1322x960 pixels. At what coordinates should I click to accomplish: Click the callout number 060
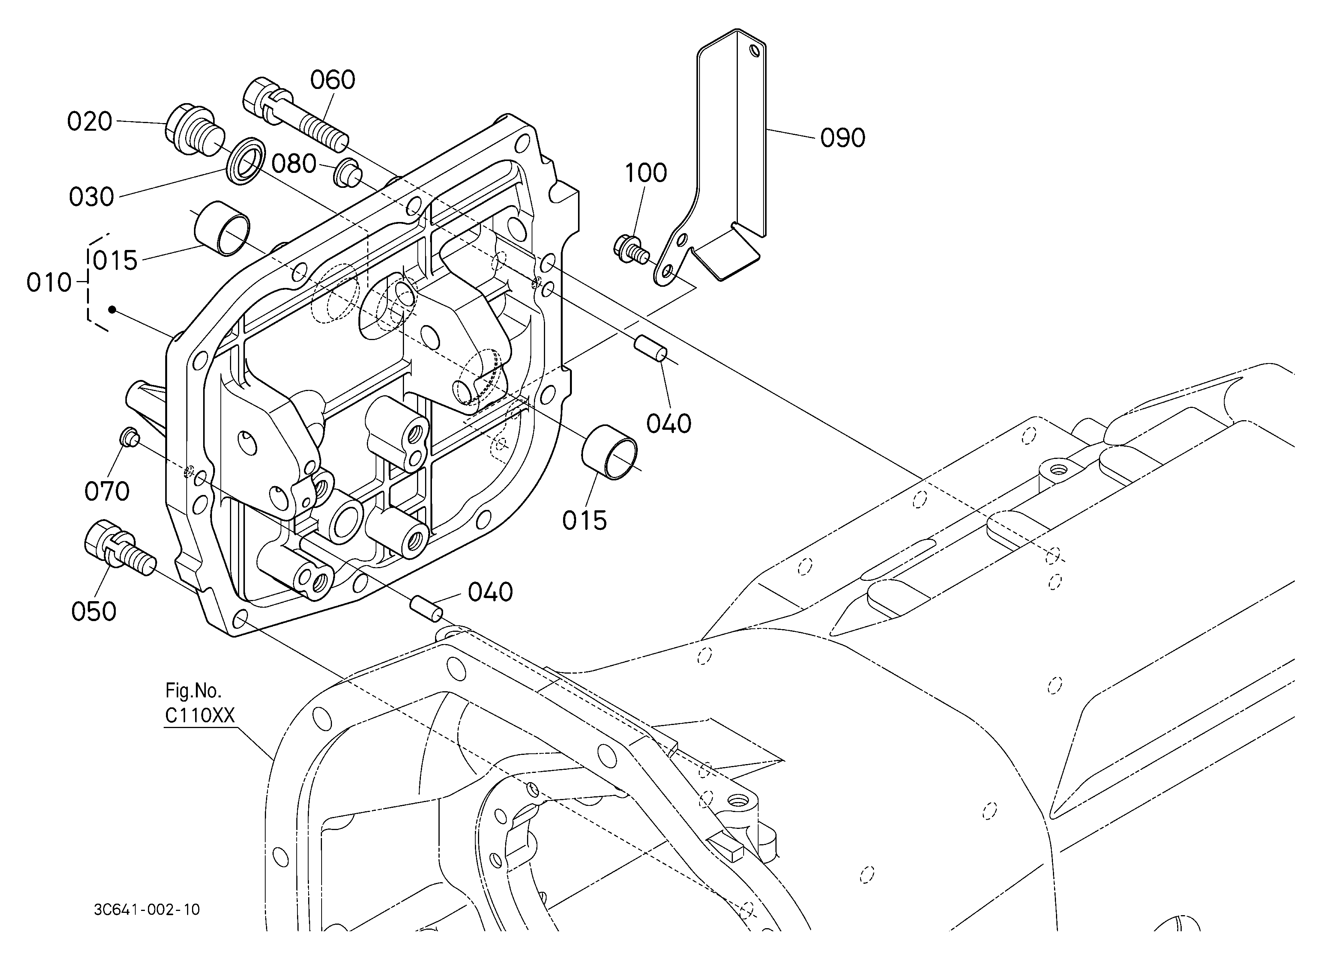(332, 80)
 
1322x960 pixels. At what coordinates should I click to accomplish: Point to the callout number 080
(294, 164)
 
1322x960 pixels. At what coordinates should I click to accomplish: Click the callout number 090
(842, 138)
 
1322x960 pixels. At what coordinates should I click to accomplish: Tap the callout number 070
(107, 492)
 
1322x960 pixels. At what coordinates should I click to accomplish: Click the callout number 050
(93, 612)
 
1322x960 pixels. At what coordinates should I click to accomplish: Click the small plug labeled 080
(347, 173)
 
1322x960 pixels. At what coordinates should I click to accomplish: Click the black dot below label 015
(111, 309)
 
